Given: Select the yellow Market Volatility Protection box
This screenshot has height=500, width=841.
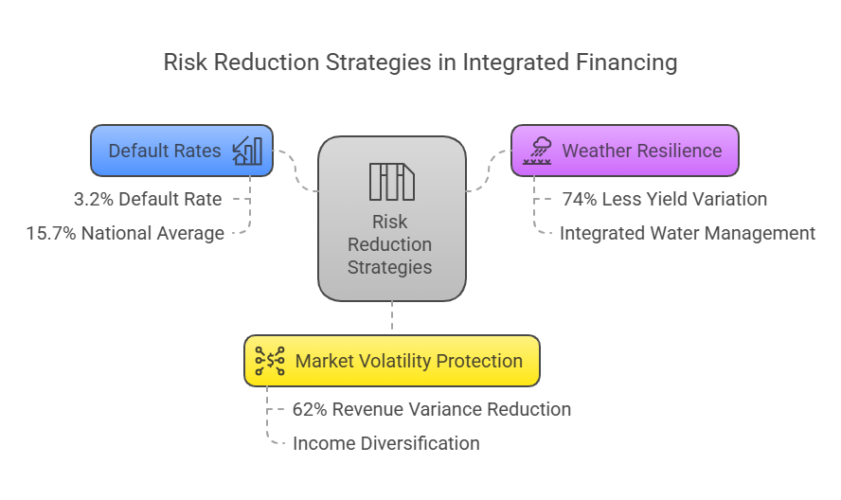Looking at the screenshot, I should coord(392,361).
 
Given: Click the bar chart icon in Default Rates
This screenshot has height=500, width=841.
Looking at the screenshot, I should coord(247,151).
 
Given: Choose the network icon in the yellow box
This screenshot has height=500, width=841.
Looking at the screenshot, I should coord(270,361).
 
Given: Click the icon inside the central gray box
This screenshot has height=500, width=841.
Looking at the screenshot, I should coord(391,181).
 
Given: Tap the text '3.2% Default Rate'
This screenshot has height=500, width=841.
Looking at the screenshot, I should coord(148,200).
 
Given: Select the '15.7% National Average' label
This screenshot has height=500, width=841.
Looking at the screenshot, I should coord(125,233).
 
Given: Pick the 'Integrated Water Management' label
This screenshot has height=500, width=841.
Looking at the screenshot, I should coord(687,233).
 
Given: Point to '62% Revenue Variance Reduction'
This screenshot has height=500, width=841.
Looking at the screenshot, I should coord(432,410).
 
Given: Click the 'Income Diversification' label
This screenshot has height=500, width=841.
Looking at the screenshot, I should coord(385,443).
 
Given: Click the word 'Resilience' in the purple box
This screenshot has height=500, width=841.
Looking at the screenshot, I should coord(674,151).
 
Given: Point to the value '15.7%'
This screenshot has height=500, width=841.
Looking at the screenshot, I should coord(52,233).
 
